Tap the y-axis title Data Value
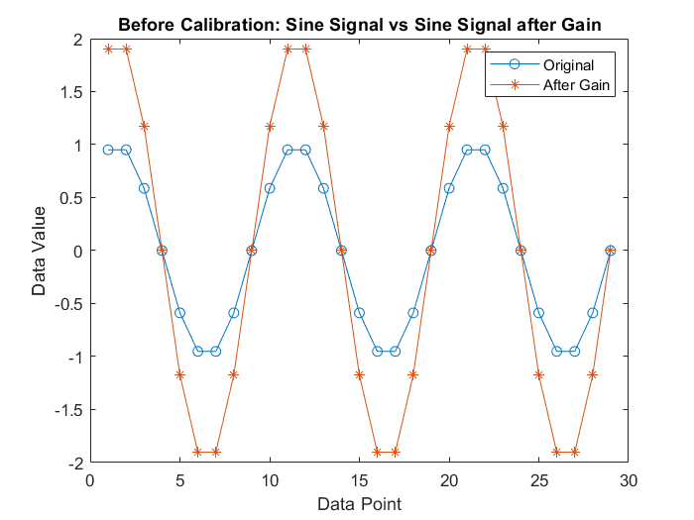39,251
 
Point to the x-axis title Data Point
359,504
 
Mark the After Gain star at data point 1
108,49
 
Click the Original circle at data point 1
108,150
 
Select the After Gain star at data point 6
198,452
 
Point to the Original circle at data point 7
216,351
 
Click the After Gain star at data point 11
288,49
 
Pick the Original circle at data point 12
305,150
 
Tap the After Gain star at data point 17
396,452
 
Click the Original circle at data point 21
467,150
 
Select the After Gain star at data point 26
557,452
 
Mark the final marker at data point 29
611,251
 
